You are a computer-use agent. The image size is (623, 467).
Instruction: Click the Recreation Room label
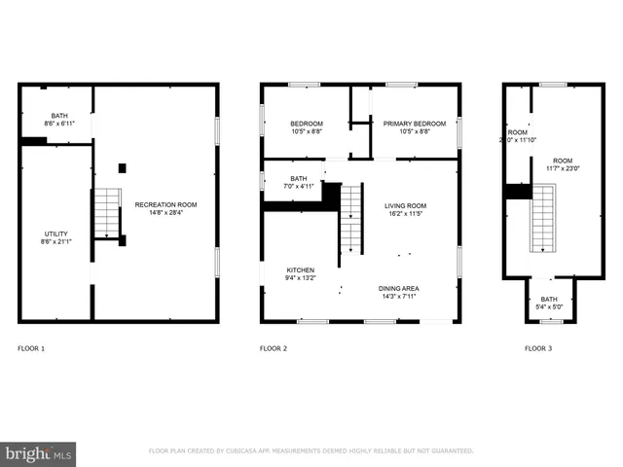pos(165,204)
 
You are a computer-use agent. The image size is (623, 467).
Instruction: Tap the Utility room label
pos(55,234)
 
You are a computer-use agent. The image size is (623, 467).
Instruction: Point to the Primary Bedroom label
pos(414,124)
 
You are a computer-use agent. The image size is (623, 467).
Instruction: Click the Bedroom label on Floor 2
pos(307,124)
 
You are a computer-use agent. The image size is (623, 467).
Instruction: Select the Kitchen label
pos(300,269)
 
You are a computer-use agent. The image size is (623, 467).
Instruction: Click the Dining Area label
pos(398,289)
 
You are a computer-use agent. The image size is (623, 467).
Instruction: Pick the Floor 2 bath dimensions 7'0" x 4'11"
pos(298,186)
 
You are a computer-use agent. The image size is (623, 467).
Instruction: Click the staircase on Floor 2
pos(350,219)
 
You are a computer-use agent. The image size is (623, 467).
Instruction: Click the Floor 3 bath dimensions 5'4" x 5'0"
pos(549,306)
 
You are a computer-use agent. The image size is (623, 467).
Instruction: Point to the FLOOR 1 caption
pos(31,347)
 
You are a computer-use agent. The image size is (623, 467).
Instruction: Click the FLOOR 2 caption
pos(274,347)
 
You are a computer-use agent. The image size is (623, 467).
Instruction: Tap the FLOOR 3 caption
pos(537,347)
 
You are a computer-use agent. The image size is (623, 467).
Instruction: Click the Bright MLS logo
pos(38,453)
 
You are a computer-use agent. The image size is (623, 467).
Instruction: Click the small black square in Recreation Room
pos(122,168)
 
